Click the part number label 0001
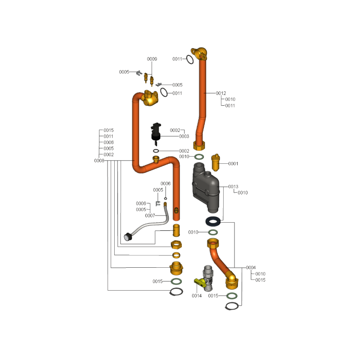[233, 164]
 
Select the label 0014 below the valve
[197, 296]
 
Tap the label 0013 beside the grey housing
[233, 186]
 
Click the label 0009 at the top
[152, 59]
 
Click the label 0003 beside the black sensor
[184, 136]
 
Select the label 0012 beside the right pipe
[220, 93]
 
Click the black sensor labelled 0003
[156, 131]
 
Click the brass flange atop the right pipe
[198, 54]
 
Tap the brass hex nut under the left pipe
[176, 245]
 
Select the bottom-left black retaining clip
[176, 292]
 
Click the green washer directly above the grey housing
[199, 157]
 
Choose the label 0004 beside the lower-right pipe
[251, 267]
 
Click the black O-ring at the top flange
[191, 59]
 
